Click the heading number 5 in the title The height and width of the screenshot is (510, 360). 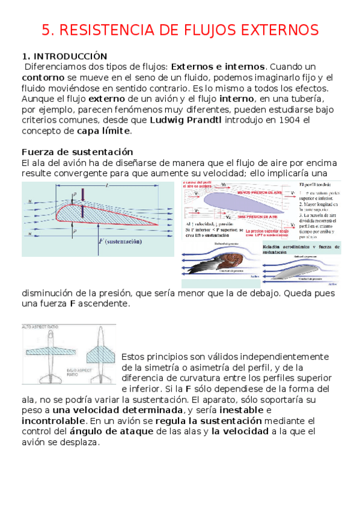tap(46, 30)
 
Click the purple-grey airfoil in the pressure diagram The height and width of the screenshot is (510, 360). tap(247, 201)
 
